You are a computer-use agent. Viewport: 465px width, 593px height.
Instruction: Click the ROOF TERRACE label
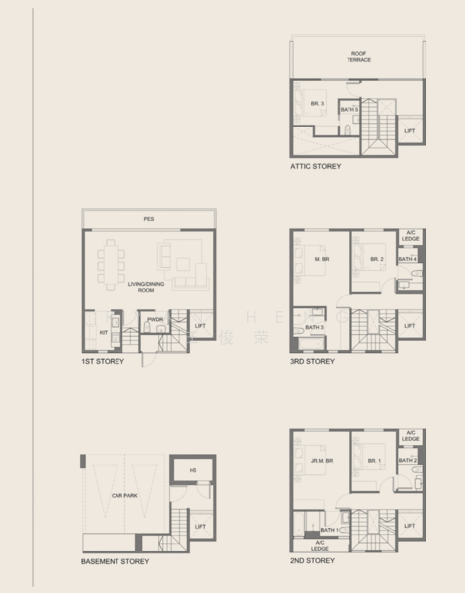click(358, 56)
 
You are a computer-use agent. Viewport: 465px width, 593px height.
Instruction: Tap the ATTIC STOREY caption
click(316, 167)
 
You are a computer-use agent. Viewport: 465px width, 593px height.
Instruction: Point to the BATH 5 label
click(349, 109)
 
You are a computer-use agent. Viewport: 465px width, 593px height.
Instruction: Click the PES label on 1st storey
click(148, 218)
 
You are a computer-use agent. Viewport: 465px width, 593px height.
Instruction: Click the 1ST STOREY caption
click(103, 362)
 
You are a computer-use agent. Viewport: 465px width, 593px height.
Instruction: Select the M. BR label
click(322, 260)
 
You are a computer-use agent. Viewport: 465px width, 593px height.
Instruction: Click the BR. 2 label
click(376, 260)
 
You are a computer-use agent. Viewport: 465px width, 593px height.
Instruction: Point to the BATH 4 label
click(408, 259)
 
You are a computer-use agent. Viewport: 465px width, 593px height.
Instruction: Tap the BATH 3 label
click(314, 327)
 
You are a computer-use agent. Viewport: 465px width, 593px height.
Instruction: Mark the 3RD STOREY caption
click(313, 362)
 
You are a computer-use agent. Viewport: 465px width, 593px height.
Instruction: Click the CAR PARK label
click(123, 494)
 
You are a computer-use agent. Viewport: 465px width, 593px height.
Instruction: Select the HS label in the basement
click(193, 470)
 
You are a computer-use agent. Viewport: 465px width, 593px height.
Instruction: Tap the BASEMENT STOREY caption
click(115, 561)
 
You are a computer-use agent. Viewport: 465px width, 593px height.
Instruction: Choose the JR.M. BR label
click(320, 459)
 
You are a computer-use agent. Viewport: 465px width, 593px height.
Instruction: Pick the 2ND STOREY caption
click(313, 560)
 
